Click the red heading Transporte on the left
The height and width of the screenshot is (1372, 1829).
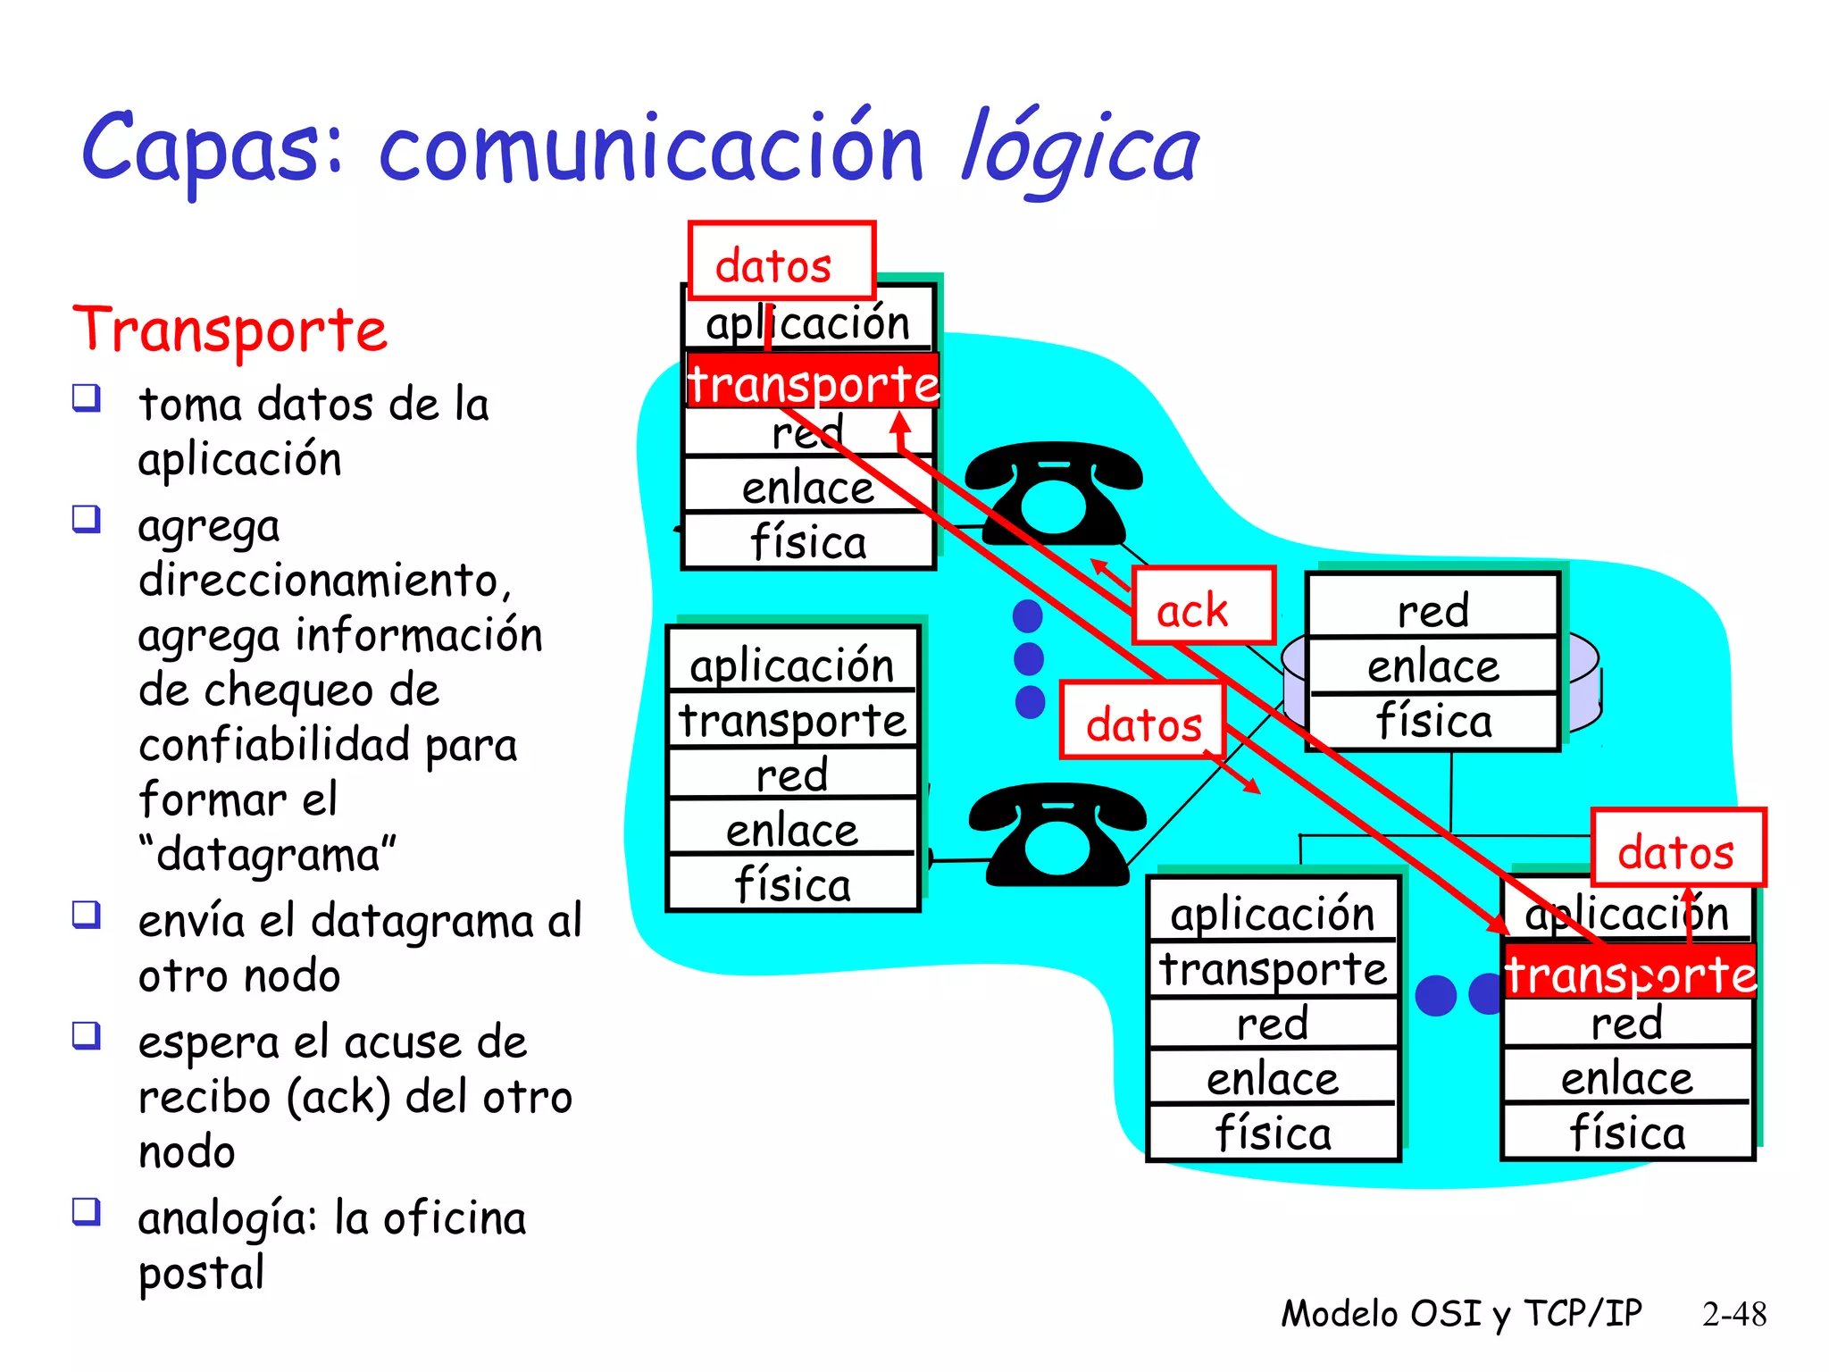(x=230, y=330)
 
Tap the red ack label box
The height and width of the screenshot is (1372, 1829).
(x=1202, y=606)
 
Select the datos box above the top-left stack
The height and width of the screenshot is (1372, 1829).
(x=781, y=262)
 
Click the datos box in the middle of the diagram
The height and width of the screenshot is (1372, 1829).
(x=1142, y=720)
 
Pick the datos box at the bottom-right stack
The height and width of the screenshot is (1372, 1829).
(x=1678, y=848)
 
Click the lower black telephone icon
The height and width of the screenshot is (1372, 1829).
(x=1057, y=835)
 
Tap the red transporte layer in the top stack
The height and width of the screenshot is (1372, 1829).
(x=812, y=382)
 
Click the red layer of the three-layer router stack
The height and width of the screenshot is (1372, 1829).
(x=1432, y=609)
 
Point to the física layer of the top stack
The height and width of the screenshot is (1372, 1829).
(x=808, y=541)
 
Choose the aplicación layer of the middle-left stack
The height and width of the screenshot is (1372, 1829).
(x=792, y=664)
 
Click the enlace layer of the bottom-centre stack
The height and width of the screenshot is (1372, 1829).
(x=1273, y=1078)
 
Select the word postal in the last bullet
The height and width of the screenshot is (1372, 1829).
(x=201, y=1273)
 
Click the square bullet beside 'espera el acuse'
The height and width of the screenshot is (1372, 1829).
(x=87, y=1036)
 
